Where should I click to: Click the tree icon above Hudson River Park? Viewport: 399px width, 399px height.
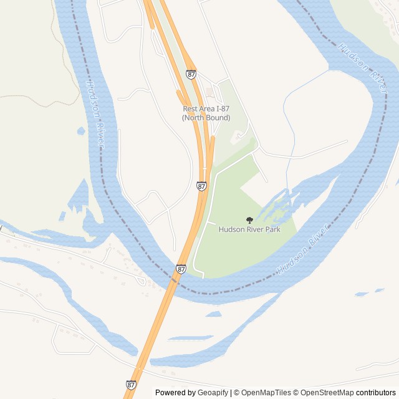[249, 220]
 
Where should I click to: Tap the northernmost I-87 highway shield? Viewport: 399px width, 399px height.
[191, 74]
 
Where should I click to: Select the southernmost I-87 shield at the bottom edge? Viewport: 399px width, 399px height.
[130, 385]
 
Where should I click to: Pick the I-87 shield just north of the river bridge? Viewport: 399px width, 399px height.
[181, 269]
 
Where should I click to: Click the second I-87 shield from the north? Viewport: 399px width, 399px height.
[201, 186]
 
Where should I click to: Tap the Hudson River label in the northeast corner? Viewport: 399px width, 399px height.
[362, 69]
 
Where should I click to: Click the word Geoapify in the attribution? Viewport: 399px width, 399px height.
[213, 393]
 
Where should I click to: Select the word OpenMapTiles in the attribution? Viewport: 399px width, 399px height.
[266, 393]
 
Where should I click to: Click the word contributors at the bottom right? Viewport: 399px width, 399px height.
[376, 393]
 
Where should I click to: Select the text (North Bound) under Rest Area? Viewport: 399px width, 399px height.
[206, 118]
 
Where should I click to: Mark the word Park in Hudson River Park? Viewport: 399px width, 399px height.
[271, 229]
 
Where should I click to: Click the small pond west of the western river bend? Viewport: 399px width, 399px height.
[80, 131]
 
